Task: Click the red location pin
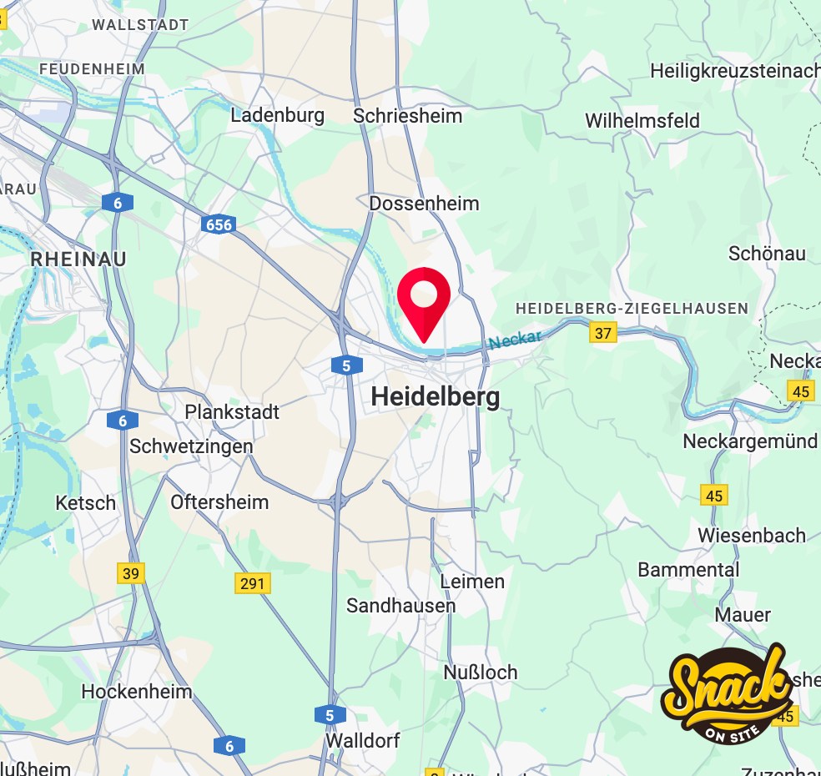coord(424,297)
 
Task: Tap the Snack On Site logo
coord(727,693)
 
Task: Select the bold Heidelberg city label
coord(435,396)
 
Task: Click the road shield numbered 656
coord(217,224)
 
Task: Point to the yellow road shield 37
coord(602,333)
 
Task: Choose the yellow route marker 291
coord(252,583)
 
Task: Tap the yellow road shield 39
coord(131,573)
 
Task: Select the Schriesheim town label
coord(407,115)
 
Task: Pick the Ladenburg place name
coord(277,115)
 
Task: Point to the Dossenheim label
coord(424,204)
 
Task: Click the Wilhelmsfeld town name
coord(642,120)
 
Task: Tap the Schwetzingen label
coord(191,446)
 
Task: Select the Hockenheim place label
coord(136,692)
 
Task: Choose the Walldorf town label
coord(363,740)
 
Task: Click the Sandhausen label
coord(400,606)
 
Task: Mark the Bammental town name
coord(688,570)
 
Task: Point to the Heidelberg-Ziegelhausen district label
coord(632,309)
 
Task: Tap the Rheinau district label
coord(78,260)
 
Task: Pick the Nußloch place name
coord(480,672)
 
